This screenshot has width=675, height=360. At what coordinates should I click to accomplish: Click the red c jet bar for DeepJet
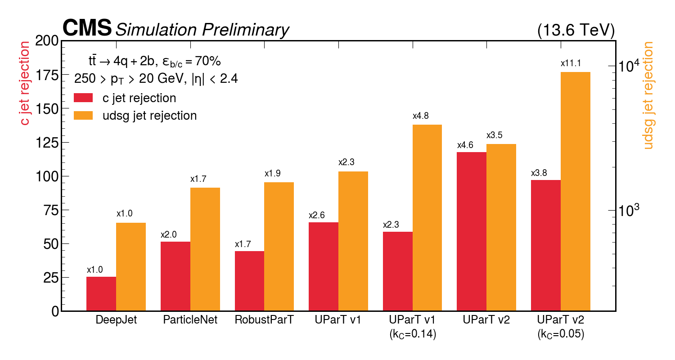[101, 294]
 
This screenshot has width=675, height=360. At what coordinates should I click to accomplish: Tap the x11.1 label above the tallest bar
[575, 64]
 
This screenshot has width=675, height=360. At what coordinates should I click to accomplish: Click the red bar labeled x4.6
[472, 231]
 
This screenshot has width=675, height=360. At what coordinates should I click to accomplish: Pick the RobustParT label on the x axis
[264, 320]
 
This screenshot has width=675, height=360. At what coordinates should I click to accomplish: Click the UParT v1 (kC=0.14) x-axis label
[412, 327]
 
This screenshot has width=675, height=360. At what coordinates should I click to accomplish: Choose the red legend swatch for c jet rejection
[83, 98]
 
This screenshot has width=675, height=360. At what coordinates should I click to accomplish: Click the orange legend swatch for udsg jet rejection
[83, 116]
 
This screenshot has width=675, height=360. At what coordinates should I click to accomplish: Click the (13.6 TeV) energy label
[576, 30]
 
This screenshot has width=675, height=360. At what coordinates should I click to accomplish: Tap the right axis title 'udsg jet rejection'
[648, 95]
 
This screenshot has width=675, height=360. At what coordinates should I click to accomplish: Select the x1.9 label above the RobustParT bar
[272, 174]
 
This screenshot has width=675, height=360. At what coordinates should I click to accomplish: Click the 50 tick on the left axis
[50, 244]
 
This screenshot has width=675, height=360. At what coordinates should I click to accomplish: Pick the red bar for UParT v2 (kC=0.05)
[546, 245]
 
